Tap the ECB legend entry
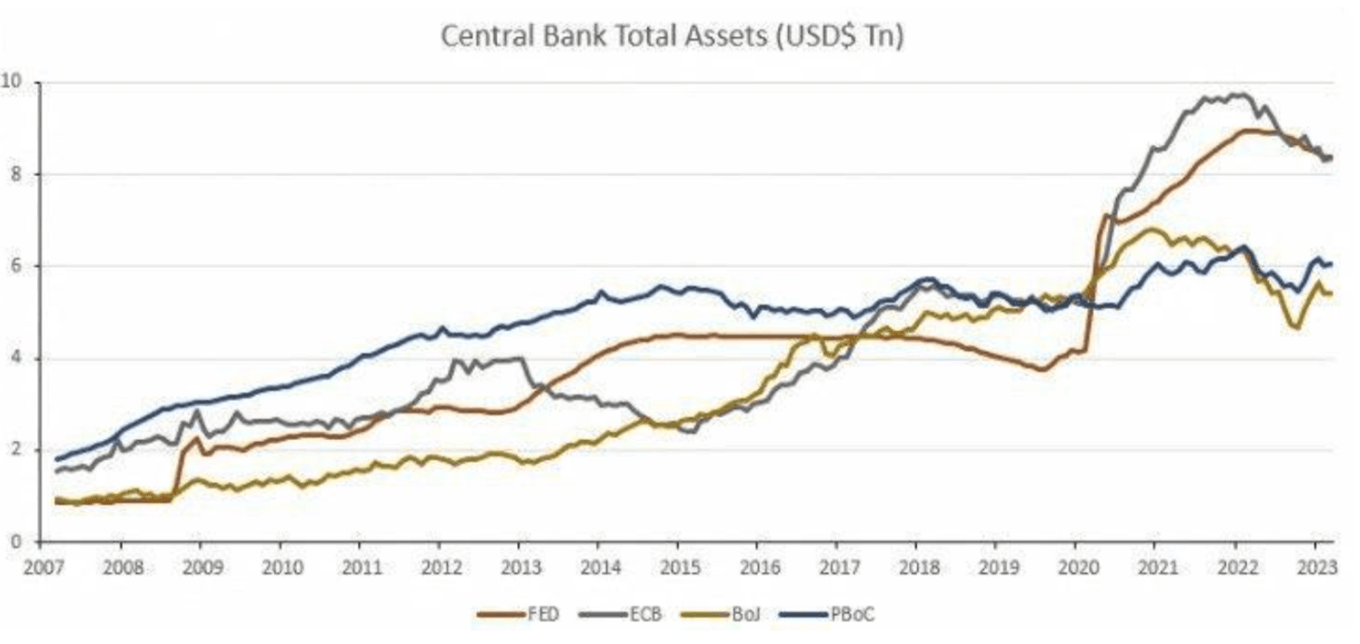point(646,615)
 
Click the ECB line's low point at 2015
point(693,432)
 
